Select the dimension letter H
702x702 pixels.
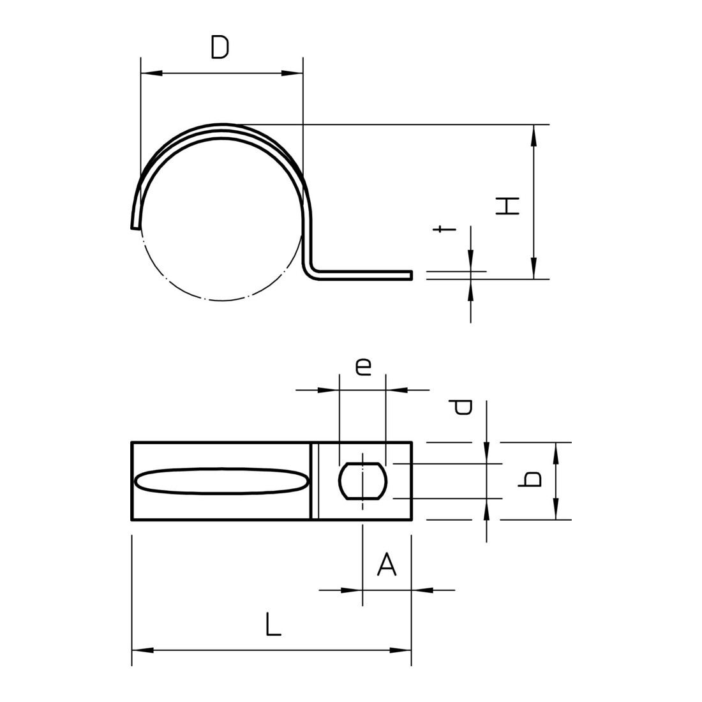pyautogui.click(x=508, y=205)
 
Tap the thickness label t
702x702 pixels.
pyautogui.click(x=444, y=228)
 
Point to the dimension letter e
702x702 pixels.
pyautogui.click(x=363, y=366)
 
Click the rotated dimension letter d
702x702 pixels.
pyautogui.click(x=461, y=407)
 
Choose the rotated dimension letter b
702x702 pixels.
pyautogui.click(x=529, y=479)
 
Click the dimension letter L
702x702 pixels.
pyautogui.click(x=273, y=624)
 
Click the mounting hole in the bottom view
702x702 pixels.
pyautogui.click(x=362, y=481)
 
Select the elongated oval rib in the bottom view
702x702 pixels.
pyautogui.click(x=221, y=481)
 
